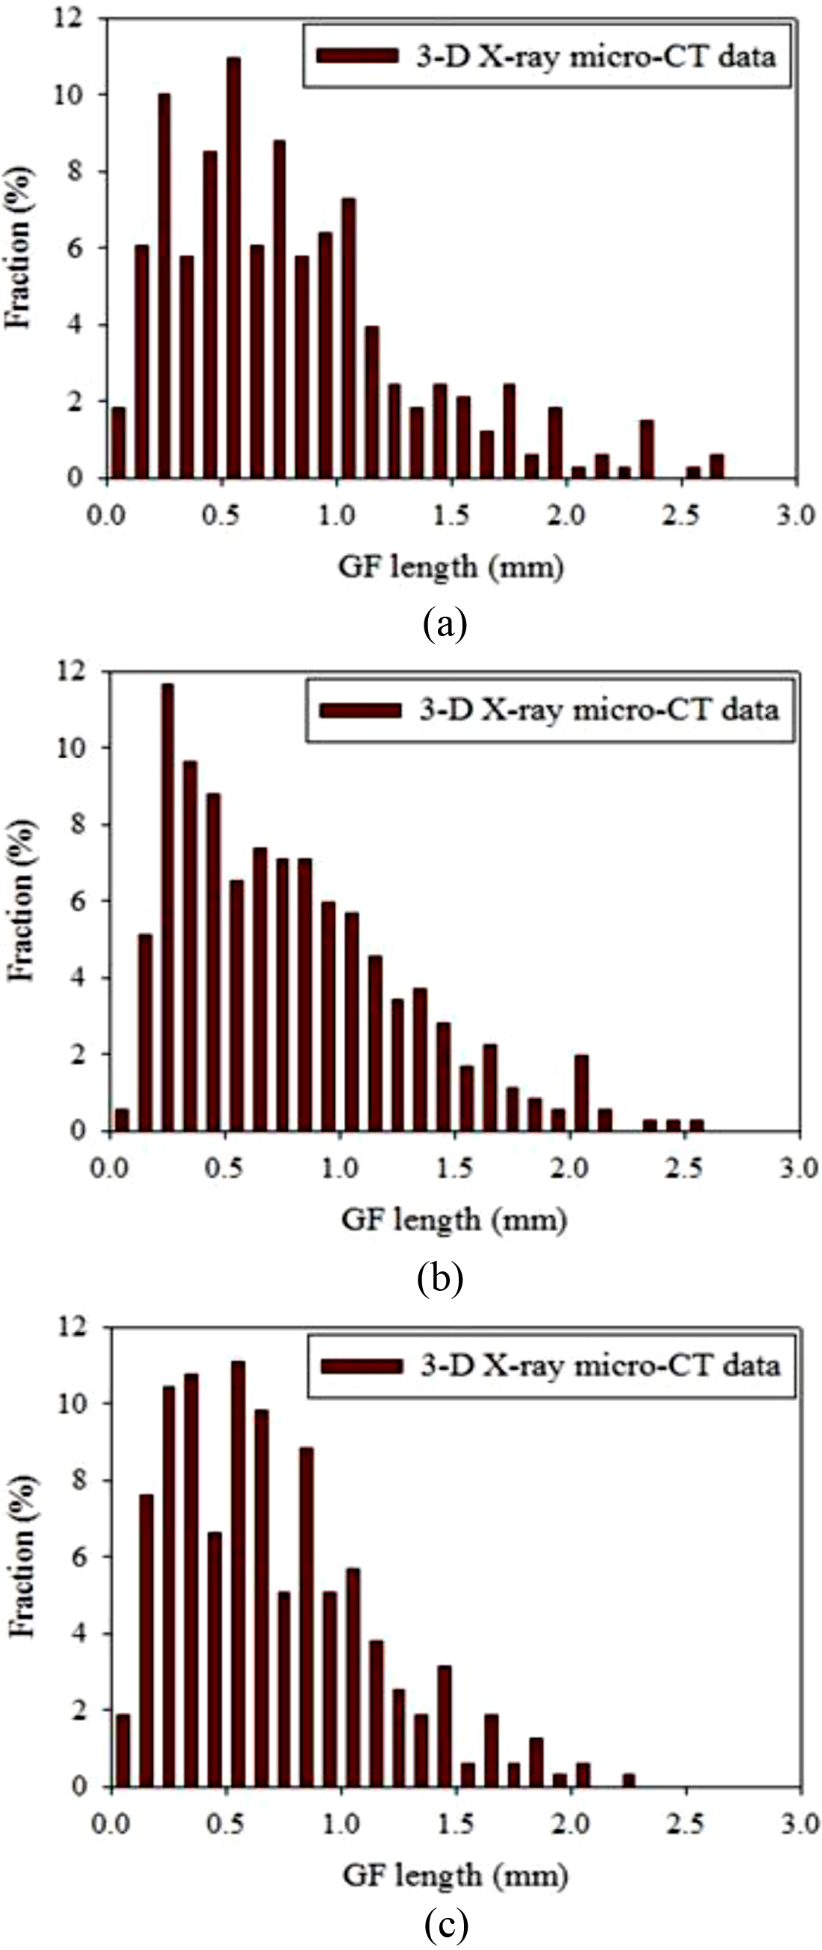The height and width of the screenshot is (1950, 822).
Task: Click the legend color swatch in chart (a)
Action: (357, 57)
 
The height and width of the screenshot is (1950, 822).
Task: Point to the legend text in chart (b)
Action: (599, 710)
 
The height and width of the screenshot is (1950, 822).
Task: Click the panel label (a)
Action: (445, 626)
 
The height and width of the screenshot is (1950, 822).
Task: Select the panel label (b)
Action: (440, 1278)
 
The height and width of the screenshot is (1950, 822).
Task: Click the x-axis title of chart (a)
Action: (451, 567)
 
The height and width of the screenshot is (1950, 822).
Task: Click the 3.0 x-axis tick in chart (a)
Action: (796, 515)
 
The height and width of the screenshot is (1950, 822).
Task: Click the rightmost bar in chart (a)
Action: (716, 466)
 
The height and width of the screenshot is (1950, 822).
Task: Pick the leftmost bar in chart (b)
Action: (121, 1119)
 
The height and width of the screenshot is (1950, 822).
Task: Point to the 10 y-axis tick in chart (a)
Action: (69, 95)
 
